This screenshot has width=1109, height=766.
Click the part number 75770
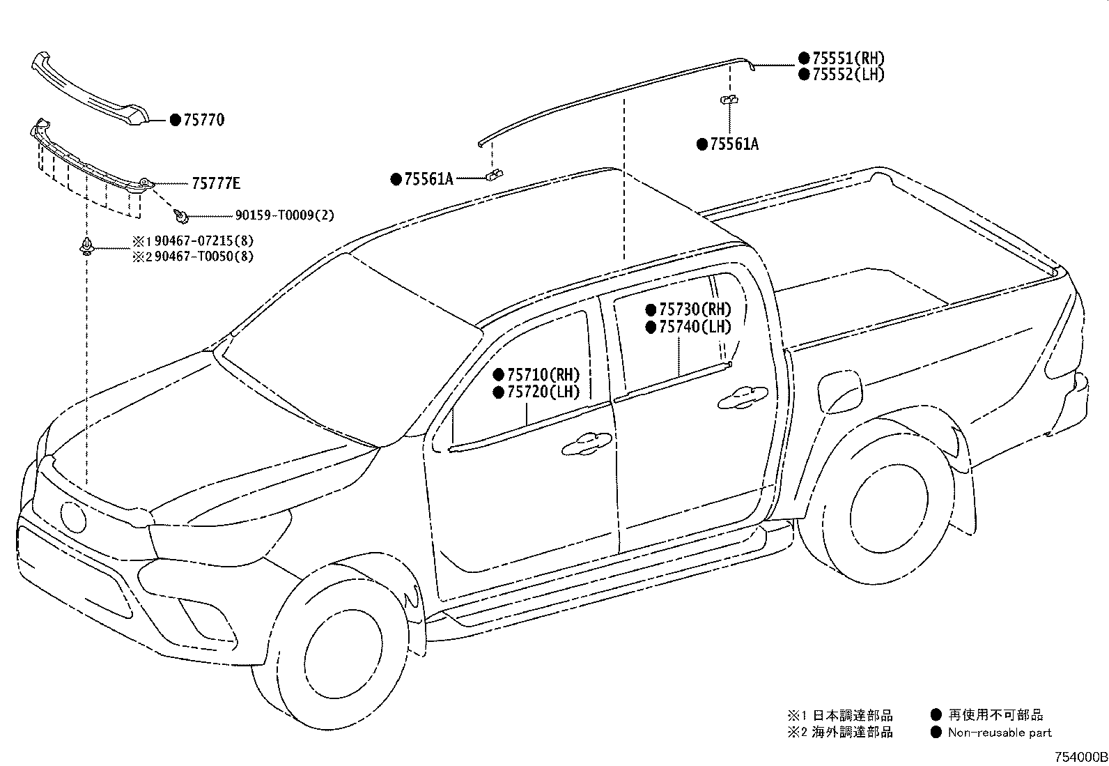204,120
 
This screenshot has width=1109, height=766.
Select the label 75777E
216,184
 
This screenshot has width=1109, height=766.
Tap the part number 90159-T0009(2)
285,215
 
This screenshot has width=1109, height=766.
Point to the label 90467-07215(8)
204,240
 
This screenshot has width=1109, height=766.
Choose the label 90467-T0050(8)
204,256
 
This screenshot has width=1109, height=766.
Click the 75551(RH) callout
848,59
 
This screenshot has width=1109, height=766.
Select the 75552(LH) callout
848,75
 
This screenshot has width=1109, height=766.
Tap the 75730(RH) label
695,309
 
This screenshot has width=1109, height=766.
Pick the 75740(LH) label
695,327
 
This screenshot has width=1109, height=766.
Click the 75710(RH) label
543,374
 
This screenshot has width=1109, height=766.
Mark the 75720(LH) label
543,392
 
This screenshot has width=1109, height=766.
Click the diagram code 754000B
1080,757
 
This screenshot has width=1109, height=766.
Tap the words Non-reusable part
1000,733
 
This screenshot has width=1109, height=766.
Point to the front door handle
587,445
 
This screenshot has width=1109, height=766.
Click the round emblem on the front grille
73,516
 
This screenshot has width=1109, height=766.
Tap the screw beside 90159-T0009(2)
181,216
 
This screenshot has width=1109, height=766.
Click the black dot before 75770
176,120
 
